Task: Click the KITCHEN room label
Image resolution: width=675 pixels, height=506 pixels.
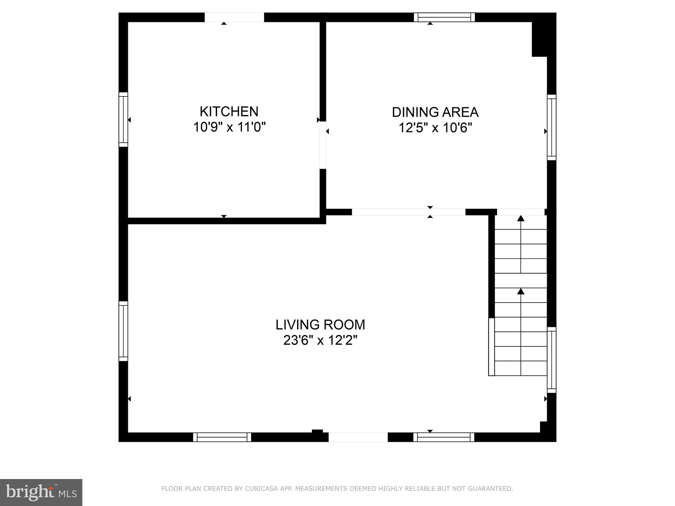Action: click(x=229, y=111)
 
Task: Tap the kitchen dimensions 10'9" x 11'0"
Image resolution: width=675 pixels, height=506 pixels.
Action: click(x=229, y=127)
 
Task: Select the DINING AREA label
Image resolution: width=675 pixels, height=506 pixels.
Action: click(x=435, y=112)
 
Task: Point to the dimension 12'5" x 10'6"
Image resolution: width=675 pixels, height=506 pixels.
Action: click(x=435, y=128)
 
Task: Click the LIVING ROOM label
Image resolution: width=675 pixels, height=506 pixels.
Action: click(x=320, y=325)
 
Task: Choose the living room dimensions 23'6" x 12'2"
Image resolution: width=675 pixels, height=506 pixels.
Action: click(x=320, y=340)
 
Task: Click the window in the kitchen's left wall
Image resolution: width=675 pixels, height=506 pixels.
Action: click(x=124, y=119)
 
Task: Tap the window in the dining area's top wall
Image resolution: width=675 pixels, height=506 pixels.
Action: click(x=444, y=17)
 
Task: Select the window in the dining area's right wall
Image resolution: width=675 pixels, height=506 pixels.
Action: click(x=551, y=128)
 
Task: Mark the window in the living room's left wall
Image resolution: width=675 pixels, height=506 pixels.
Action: click(x=124, y=331)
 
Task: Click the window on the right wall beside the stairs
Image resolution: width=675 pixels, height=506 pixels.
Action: click(x=551, y=360)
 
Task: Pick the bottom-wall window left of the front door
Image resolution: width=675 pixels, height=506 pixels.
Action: click(x=222, y=437)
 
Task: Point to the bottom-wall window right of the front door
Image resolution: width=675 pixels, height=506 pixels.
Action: click(x=444, y=437)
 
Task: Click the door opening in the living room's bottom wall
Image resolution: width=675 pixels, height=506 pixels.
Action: click(x=358, y=437)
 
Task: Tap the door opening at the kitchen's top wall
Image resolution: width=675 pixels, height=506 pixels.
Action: click(x=234, y=18)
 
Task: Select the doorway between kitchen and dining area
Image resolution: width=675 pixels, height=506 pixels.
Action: click(x=323, y=145)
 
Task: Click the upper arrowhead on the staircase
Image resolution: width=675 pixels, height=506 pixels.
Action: click(x=521, y=218)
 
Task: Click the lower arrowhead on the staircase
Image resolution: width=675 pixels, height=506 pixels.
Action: click(x=521, y=291)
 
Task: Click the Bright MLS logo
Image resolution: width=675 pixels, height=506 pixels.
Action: click(x=41, y=492)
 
